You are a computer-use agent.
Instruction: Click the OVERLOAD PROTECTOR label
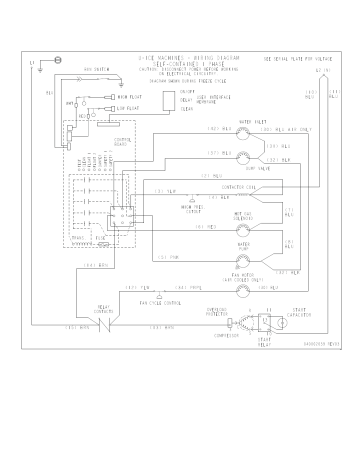tap(219, 313)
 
